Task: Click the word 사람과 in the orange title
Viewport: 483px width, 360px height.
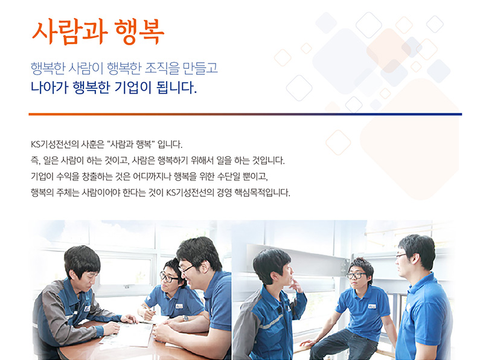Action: pos(70,32)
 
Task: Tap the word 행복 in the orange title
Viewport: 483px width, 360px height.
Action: pos(139,32)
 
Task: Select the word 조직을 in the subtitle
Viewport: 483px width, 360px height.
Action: pos(162,68)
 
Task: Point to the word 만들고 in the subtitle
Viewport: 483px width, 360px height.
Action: pos(200,68)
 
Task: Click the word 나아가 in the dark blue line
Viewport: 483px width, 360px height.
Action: pos(50,88)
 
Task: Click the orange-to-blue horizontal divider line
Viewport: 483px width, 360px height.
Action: pos(245,114)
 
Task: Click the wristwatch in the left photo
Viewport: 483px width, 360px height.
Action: pos(185,318)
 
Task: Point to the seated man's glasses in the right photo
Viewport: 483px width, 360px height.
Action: pos(356,275)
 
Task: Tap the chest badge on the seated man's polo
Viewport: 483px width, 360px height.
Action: pos(372,306)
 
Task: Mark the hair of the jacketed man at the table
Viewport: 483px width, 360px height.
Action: pos(82,260)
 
